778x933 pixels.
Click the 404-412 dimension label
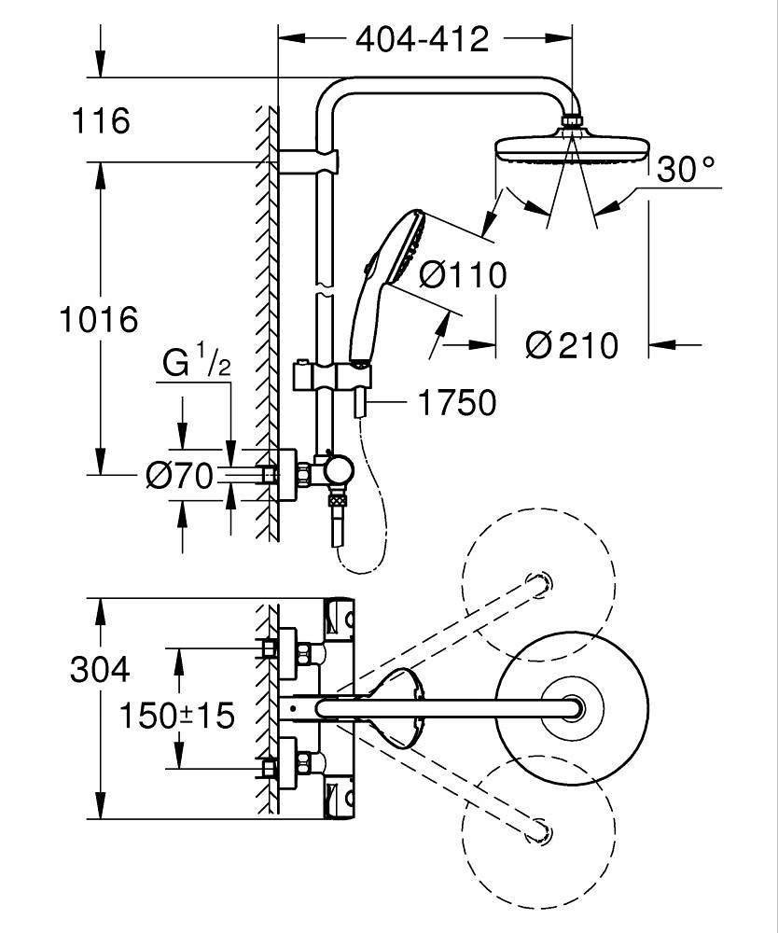tap(422, 39)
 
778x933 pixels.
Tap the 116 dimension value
tap(101, 120)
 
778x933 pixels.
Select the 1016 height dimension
tap(99, 319)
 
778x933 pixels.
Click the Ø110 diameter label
tap(463, 275)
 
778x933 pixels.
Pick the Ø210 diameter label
tap(571, 346)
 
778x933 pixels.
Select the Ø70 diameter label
tap(179, 476)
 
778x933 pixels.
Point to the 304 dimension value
tap(100, 668)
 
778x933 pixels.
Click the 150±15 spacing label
tap(176, 716)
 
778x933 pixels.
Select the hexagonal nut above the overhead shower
tap(572, 122)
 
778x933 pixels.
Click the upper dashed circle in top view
tap(539, 582)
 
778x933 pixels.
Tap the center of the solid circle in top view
tap(571, 708)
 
